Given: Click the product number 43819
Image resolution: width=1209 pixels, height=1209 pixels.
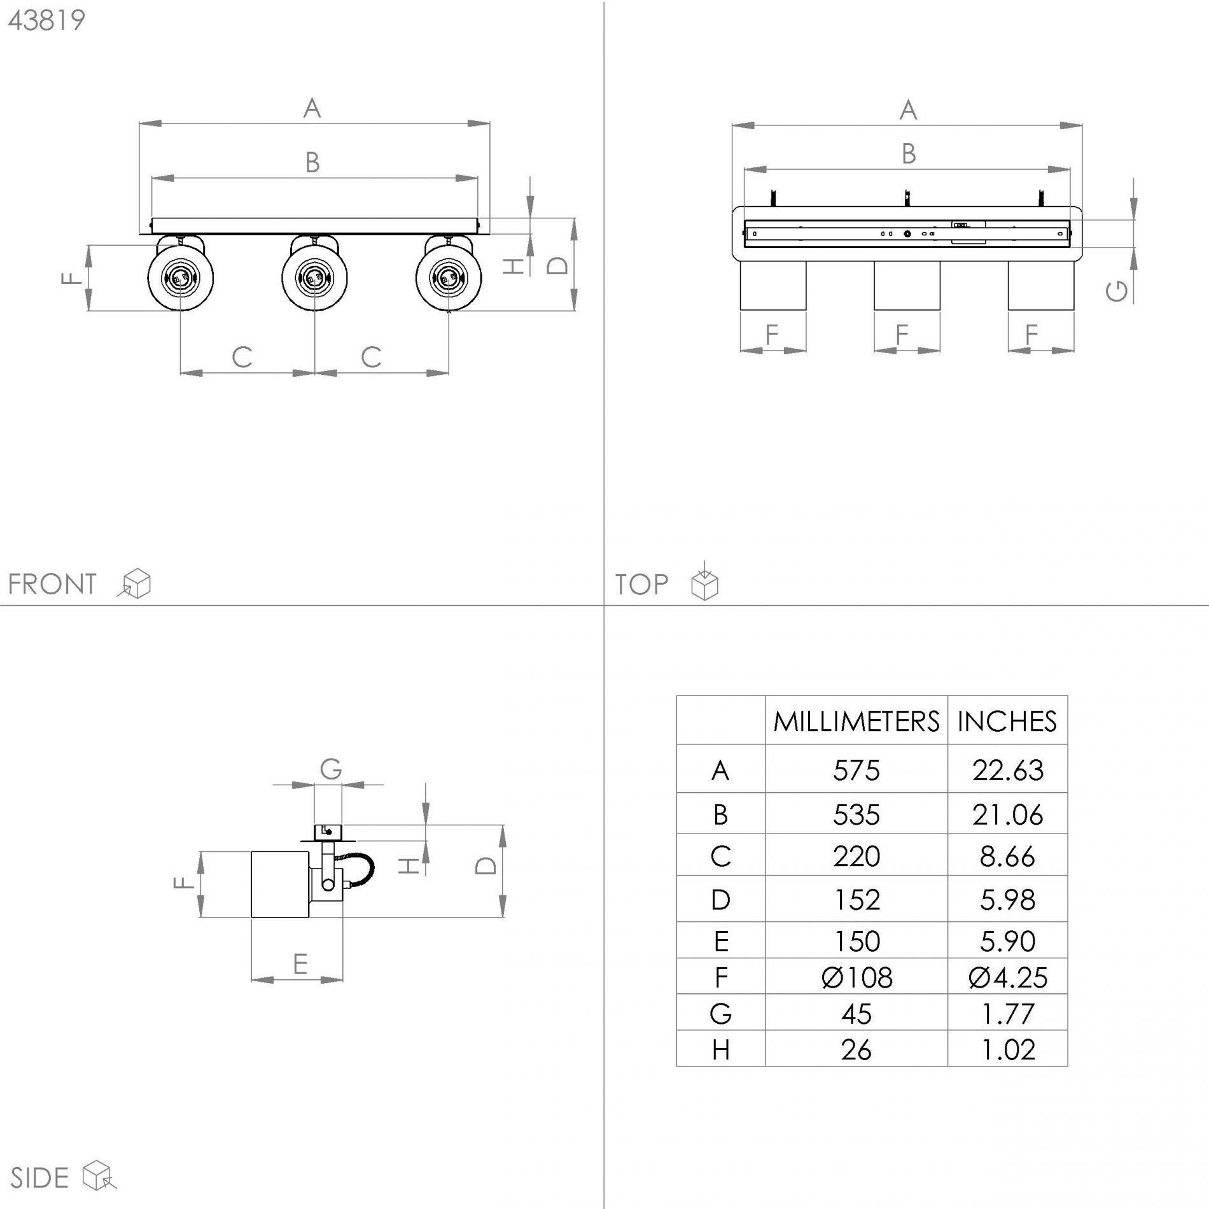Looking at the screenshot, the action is click(x=46, y=20).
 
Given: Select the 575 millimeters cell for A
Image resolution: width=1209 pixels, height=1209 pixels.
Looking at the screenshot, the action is click(x=856, y=771).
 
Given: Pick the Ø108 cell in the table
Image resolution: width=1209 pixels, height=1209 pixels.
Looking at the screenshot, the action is click(x=857, y=977).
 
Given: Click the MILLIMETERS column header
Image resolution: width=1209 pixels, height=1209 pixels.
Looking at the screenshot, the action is click(x=856, y=722).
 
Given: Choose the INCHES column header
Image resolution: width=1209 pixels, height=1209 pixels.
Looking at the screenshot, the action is click(x=1007, y=722).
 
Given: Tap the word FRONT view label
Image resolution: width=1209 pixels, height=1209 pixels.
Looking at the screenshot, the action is click(x=52, y=584).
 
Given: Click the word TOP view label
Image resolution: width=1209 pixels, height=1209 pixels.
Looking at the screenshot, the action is click(x=641, y=584).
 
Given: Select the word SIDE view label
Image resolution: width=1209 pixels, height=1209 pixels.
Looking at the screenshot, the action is click(x=39, y=1178).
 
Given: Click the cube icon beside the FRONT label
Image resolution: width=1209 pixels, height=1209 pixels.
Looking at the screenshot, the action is click(x=135, y=584).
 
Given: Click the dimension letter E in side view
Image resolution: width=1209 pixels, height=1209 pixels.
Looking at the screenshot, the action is click(x=300, y=964).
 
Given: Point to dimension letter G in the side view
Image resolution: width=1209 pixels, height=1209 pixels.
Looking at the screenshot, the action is click(x=331, y=769).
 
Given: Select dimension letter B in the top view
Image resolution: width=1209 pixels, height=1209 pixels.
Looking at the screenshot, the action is click(x=909, y=154).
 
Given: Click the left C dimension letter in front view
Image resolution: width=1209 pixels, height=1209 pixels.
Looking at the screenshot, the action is click(x=242, y=358).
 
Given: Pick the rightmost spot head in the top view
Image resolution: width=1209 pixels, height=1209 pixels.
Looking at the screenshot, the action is click(x=1041, y=286).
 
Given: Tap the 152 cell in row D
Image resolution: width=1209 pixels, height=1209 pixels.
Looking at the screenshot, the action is click(x=856, y=900).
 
